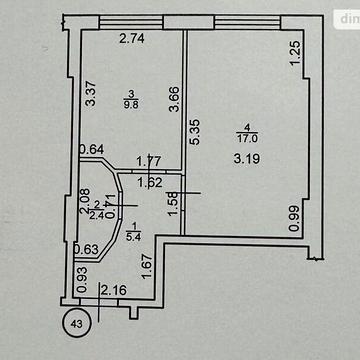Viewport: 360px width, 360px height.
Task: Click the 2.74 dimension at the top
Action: pyautogui.click(x=132, y=39)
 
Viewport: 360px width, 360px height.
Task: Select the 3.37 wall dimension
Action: pyautogui.click(x=90, y=95)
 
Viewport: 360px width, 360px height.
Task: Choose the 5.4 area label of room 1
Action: pyautogui.click(x=135, y=236)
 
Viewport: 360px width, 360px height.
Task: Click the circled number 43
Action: pyautogui.click(x=76, y=322)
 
